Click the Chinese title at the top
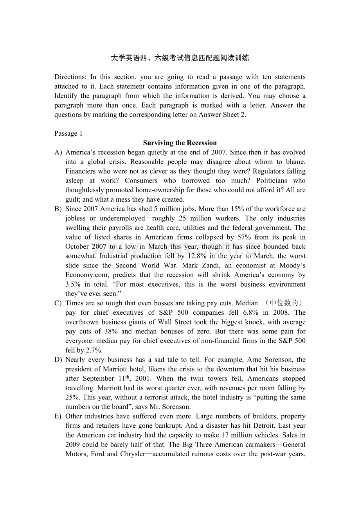point(180,58)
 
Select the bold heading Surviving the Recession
point(180,143)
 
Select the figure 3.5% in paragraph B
point(73,285)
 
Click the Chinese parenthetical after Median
point(283,303)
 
